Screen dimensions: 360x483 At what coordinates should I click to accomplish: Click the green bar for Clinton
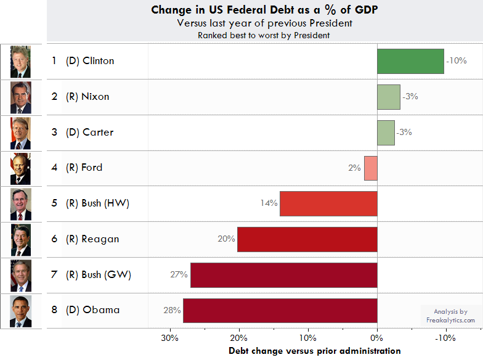click(410, 61)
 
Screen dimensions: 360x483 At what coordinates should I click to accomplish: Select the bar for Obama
click(280, 311)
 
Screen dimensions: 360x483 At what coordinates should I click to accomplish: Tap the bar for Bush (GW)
click(283, 275)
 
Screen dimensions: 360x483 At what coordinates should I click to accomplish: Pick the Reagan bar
click(307, 239)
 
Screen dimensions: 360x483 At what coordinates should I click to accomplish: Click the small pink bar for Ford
click(370, 168)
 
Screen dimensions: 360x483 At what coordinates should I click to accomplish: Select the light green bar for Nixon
click(389, 97)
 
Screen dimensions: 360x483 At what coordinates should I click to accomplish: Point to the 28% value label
click(172, 310)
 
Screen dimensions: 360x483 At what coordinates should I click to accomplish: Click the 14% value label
click(269, 203)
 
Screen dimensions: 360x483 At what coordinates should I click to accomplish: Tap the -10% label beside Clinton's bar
click(457, 61)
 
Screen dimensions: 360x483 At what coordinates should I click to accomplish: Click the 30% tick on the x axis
click(169, 338)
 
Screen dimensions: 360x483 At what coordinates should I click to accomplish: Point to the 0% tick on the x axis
click(376, 338)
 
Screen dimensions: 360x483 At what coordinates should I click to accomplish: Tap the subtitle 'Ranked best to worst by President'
click(264, 35)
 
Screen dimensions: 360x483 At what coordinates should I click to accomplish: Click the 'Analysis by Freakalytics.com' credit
click(450, 316)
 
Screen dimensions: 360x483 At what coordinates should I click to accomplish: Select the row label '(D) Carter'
click(89, 133)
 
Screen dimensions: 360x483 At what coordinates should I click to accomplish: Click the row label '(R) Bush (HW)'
click(97, 203)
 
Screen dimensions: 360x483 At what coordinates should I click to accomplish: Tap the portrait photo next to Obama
click(20, 311)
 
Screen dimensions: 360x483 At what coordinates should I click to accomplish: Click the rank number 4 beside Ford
click(54, 168)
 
